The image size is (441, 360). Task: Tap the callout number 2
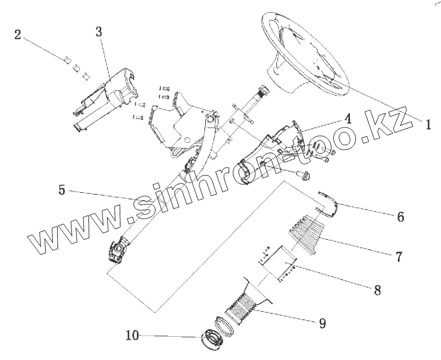(18, 35)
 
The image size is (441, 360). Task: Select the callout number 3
(99, 32)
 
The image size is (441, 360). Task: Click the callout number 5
(62, 190)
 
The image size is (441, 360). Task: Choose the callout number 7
(399, 257)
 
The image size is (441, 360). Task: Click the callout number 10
(132, 336)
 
